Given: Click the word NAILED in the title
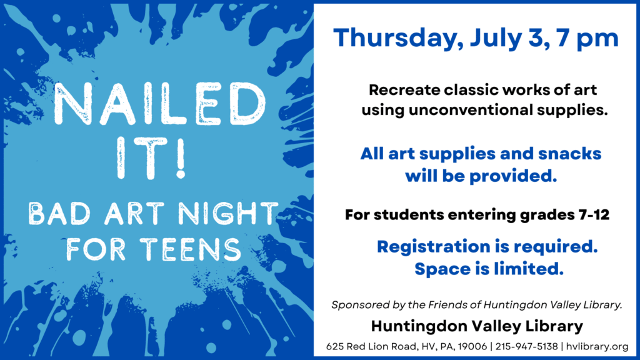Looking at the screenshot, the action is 160,104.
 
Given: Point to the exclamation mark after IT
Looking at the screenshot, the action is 181,157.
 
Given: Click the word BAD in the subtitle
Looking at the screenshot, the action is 59,214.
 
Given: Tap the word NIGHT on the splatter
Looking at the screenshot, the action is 227,213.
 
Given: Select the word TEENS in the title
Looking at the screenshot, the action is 190,249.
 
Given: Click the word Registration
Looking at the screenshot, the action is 434,247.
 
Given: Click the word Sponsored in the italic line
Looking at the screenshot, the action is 360,305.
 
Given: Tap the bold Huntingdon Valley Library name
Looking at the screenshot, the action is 477,326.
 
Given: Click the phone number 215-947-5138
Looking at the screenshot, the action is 526,346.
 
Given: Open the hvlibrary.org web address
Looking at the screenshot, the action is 597,346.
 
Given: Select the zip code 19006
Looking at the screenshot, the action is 472,346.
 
